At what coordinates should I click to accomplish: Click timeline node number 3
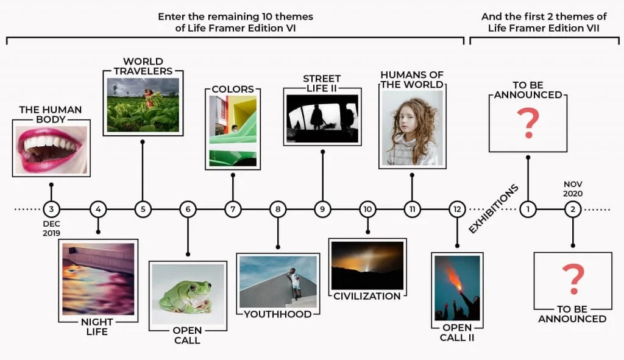(51, 209)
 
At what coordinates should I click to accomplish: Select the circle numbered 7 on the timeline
(233, 209)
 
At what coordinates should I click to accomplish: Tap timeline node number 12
(457, 209)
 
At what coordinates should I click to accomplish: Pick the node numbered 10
(367, 209)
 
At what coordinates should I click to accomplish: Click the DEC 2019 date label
(51, 228)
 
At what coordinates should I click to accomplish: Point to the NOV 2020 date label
(573, 189)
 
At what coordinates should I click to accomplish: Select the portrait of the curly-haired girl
(413, 128)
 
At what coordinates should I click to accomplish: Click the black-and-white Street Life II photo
(322, 118)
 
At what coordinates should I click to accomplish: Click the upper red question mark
(528, 123)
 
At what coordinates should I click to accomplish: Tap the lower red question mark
(573, 279)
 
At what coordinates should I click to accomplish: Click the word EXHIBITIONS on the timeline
(494, 209)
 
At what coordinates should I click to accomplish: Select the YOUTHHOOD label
(277, 314)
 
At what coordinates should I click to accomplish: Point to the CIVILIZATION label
(367, 297)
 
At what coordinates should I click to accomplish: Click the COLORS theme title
(233, 89)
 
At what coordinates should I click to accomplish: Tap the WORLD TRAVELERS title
(143, 66)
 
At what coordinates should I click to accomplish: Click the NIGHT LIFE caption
(97, 326)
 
